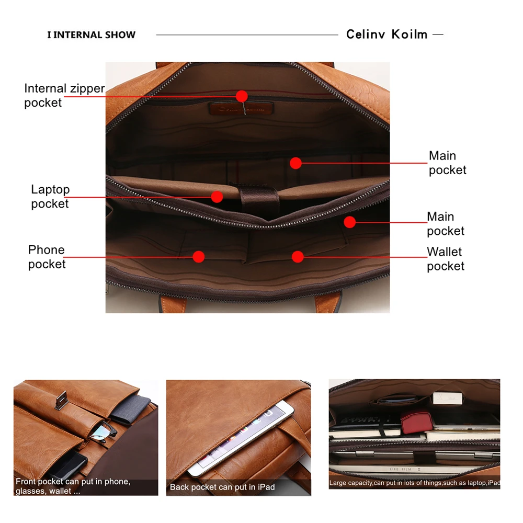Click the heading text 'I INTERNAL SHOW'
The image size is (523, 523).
(x=91, y=35)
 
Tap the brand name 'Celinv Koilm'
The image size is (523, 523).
(x=386, y=35)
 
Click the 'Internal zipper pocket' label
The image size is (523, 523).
(x=64, y=95)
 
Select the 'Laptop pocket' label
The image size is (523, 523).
(x=50, y=196)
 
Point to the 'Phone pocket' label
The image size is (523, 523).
(x=47, y=257)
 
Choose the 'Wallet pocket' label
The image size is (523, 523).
(x=445, y=259)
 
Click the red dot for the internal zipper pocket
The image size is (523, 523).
(x=241, y=96)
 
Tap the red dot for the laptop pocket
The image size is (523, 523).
(x=217, y=197)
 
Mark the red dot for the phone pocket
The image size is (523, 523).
(x=198, y=256)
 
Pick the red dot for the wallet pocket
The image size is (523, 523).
(x=298, y=256)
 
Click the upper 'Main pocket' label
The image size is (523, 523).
(x=447, y=163)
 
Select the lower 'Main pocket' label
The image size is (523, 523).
(x=445, y=223)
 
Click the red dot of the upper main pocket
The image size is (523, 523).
(x=295, y=163)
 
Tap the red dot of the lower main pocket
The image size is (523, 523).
(x=349, y=222)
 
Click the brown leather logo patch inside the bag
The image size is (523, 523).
(x=242, y=109)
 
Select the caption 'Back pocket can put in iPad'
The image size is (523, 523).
(x=222, y=487)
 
